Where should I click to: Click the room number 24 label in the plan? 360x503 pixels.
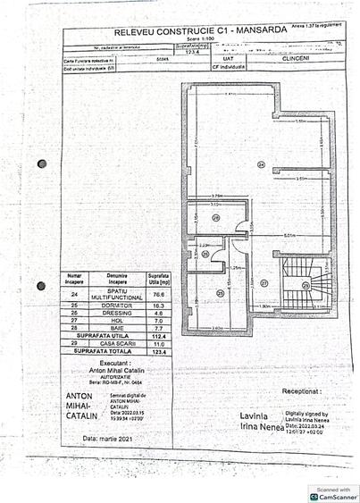(261, 164)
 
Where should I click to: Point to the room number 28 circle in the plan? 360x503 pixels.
(205, 254)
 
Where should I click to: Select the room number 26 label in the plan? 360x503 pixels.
(216, 218)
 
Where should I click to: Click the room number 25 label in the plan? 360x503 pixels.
(221, 293)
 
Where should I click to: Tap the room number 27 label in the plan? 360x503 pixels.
(264, 282)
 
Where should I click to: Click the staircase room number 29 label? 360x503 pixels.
(306, 285)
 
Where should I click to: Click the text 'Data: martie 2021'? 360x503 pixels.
(89, 438)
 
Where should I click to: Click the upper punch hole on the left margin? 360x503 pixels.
(42, 163)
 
